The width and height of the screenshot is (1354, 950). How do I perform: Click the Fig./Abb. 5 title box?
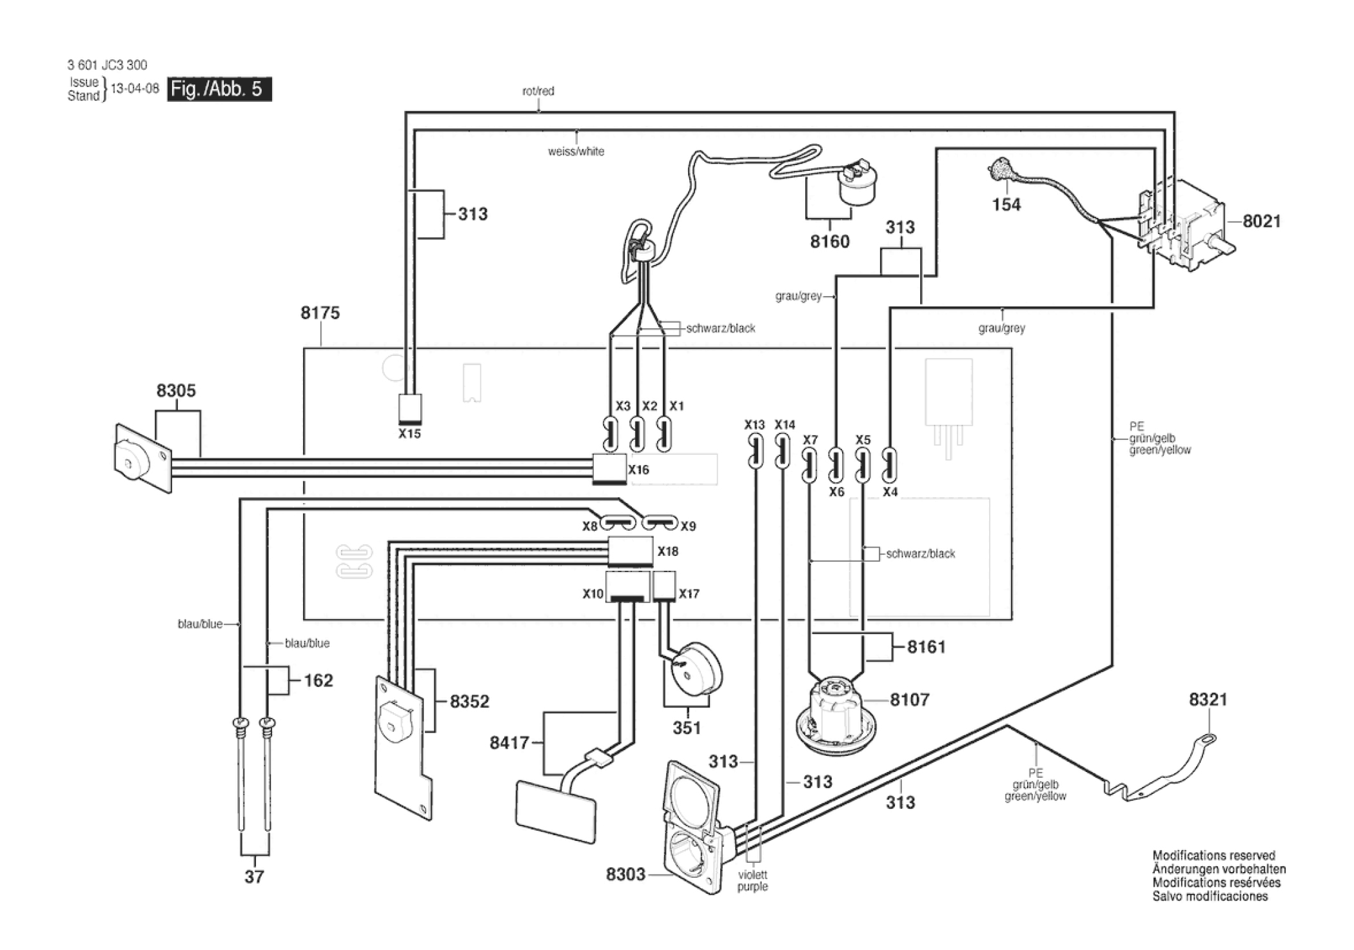(219, 89)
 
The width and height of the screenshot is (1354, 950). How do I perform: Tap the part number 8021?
(1261, 221)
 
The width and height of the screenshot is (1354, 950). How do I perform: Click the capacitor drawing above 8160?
(857, 185)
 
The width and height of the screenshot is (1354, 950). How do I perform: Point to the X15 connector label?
(409, 434)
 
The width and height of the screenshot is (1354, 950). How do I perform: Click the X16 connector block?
(609, 468)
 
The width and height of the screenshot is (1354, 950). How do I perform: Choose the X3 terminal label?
(622, 406)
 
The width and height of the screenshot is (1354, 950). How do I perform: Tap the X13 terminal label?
(754, 425)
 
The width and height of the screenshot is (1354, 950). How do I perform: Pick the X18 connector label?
(668, 551)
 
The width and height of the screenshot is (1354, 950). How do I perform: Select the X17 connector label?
(689, 594)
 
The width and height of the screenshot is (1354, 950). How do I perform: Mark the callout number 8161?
(926, 647)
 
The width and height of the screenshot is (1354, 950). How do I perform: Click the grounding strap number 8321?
(1208, 700)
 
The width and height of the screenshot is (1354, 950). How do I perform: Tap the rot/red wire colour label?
(538, 91)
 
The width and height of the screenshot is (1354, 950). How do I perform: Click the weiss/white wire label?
(576, 152)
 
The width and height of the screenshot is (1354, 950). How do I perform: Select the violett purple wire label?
(752, 880)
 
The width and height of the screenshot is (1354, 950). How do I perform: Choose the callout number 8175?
(320, 313)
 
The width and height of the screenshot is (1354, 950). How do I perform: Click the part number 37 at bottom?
(254, 876)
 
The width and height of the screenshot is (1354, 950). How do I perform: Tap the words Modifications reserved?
(1213, 855)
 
